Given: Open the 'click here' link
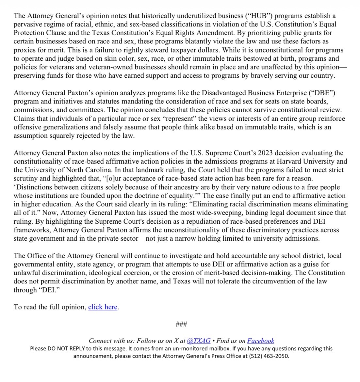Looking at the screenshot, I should pyautogui.click(x=103, y=307).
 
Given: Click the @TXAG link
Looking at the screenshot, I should pyautogui.click(x=199, y=341).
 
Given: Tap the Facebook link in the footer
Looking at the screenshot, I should pyautogui.click(x=260, y=341).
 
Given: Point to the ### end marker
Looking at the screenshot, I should pyautogui.click(x=181, y=324).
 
